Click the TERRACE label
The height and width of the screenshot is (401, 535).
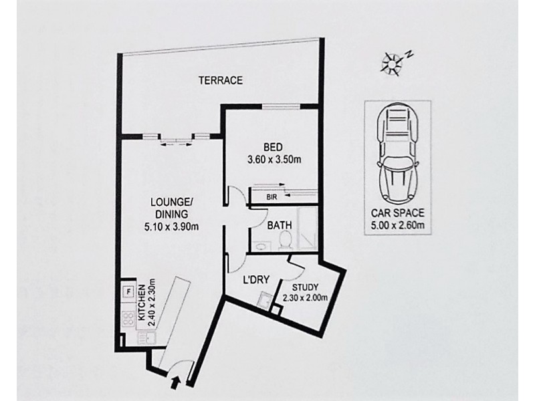[x=220, y=80]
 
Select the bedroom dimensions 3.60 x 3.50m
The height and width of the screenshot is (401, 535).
[x=273, y=160]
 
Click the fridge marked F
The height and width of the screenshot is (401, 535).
[x=125, y=291]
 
